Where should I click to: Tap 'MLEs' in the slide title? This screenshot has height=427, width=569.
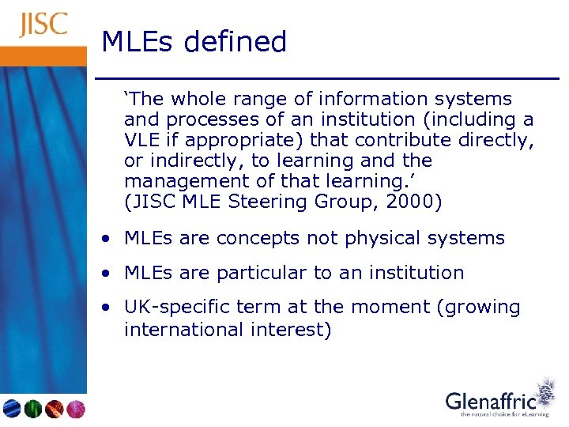pos(138,41)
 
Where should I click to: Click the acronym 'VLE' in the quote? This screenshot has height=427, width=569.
pos(140,140)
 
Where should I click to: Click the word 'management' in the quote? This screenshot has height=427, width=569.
pos(179,181)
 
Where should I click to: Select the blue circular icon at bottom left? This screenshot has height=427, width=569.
pos(12,408)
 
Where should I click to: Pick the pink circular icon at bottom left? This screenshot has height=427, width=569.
pos(75,408)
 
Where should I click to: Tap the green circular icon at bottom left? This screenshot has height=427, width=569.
pos(33,408)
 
